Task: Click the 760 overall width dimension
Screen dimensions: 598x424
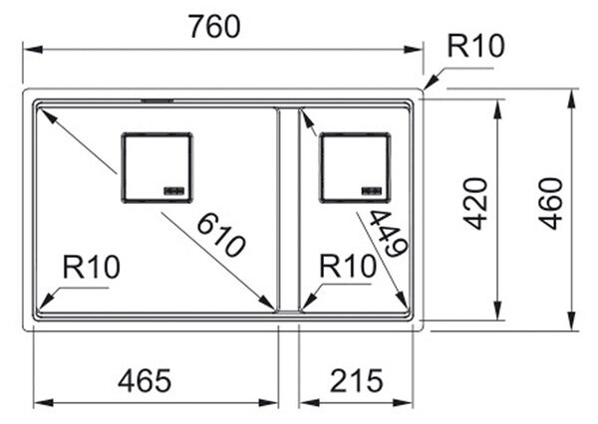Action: click(215, 27)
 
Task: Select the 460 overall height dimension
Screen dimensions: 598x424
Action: click(552, 203)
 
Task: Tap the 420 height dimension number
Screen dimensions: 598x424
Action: click(477, 203)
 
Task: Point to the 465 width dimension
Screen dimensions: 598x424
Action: click(145, 380)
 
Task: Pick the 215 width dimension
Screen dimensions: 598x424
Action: click(356, 380)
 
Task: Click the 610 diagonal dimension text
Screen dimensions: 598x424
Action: click(220, 235)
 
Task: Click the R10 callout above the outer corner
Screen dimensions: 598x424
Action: click(475, 46)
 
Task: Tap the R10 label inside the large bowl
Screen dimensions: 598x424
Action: click(91, 267)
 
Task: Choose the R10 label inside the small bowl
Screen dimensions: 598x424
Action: click(348, 266)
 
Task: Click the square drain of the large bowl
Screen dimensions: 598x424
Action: click(157, 167)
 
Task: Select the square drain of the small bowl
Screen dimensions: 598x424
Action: click(356, 167)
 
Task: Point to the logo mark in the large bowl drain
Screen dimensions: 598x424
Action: click(174, 190)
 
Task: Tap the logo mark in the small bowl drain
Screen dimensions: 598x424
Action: click(372, 190)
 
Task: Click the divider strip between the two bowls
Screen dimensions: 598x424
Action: click(289, 210)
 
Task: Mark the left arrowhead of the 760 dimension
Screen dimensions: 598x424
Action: click(33, 50)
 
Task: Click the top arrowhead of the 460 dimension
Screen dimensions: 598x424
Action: click(571, 99)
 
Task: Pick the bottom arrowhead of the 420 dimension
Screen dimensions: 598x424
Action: click(497, 311)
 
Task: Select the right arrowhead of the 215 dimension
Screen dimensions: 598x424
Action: click(404, 403)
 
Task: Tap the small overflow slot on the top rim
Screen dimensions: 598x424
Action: click(157, 101)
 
